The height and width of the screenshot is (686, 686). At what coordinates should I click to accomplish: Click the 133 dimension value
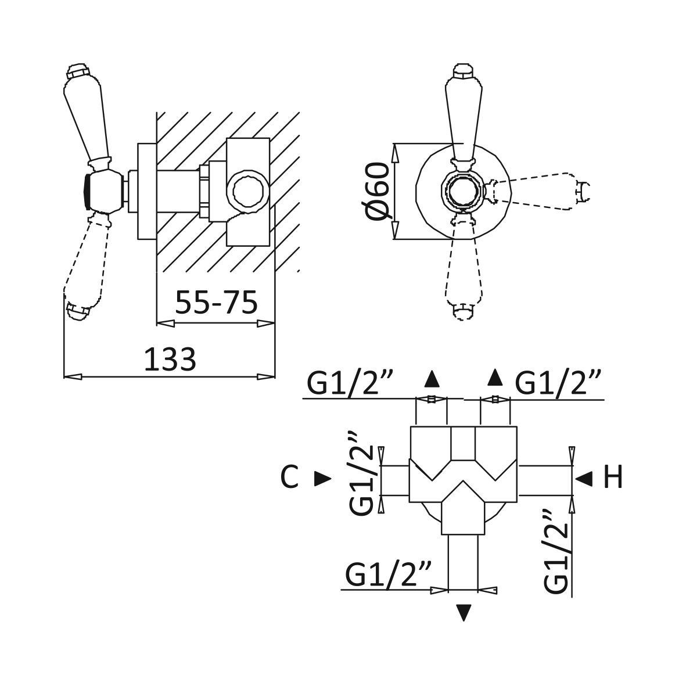pos(170,360)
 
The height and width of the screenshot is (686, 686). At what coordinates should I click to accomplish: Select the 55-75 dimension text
pos(216,302)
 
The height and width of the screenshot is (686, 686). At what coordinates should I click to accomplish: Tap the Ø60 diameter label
pos(375,191)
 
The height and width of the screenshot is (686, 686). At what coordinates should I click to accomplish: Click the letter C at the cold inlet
pos(289,477)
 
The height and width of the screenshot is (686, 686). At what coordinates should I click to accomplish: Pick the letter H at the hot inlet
pos(612,477)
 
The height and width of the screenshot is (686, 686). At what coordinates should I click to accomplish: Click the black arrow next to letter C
pos(324,479)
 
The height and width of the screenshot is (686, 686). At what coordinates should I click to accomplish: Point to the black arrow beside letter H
pos(584,479)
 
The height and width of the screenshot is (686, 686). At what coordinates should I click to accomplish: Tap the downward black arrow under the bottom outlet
pos(464,612)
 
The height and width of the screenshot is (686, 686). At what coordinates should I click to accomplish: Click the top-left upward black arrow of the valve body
pos(432,379)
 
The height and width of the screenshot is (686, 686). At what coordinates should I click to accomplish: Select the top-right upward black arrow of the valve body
pos(495,378)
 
